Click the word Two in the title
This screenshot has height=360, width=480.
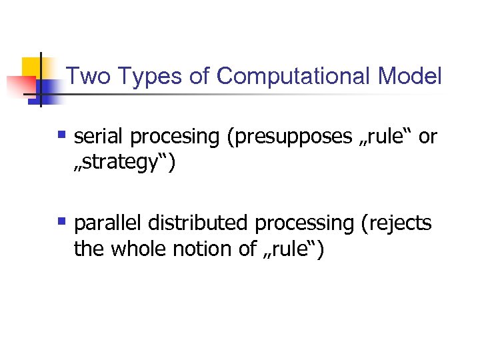[85, 76]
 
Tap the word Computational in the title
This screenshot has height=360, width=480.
[293, 76]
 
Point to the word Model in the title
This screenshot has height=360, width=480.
[409, 76]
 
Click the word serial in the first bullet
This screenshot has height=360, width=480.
[99, 137]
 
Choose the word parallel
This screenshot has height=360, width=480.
[109, 223]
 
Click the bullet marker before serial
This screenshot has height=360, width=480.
[62, 135]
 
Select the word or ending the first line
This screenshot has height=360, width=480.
[427, 137]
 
